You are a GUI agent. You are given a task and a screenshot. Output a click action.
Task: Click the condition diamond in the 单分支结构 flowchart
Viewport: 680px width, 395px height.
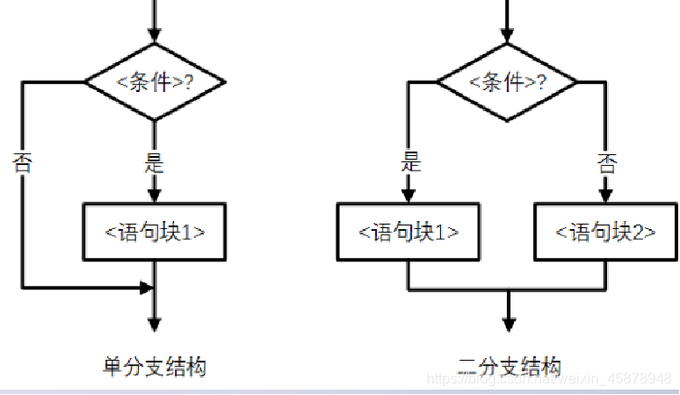click(x=155, y=82)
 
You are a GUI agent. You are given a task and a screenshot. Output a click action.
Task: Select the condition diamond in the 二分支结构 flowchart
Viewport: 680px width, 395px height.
click(x=509, y=82)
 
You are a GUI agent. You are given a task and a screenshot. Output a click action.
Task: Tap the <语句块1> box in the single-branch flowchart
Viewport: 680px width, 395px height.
click(x=155, y=231)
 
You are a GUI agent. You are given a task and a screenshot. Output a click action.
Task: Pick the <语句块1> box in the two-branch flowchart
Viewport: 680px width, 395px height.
click(x=409, y=232)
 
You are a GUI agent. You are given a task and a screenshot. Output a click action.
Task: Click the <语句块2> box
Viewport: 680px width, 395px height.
click(x=606, y=232)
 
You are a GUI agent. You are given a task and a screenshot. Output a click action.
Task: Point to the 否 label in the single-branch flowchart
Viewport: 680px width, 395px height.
click(x=23, y=163)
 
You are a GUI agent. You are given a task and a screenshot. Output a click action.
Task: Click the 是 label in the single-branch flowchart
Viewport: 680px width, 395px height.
click(x=155, y=163)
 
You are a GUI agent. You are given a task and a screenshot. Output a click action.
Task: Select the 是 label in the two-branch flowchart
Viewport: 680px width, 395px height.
click(x=410, y=163)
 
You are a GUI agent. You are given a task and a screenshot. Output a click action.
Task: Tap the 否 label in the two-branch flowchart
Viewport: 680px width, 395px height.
click(x=607, y=163)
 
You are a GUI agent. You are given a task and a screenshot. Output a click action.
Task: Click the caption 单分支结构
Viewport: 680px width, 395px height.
click(x=155, y=367)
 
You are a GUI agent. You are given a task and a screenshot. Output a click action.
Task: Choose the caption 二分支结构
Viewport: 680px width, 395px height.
click(x=509, y=367)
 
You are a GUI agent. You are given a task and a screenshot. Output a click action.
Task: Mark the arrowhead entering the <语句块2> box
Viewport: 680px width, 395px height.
click(x=606, y=195)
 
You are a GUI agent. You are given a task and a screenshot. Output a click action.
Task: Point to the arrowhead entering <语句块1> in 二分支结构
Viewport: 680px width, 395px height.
click(x=409, y=195)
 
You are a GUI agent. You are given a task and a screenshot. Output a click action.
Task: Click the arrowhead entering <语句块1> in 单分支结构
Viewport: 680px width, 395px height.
click(x=155, y=195)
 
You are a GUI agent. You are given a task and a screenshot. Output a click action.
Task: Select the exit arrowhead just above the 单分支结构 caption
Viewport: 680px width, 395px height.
click(x=155, y=325)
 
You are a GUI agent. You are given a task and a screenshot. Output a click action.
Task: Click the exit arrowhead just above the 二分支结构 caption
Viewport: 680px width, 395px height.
click(x=509, y=325)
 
